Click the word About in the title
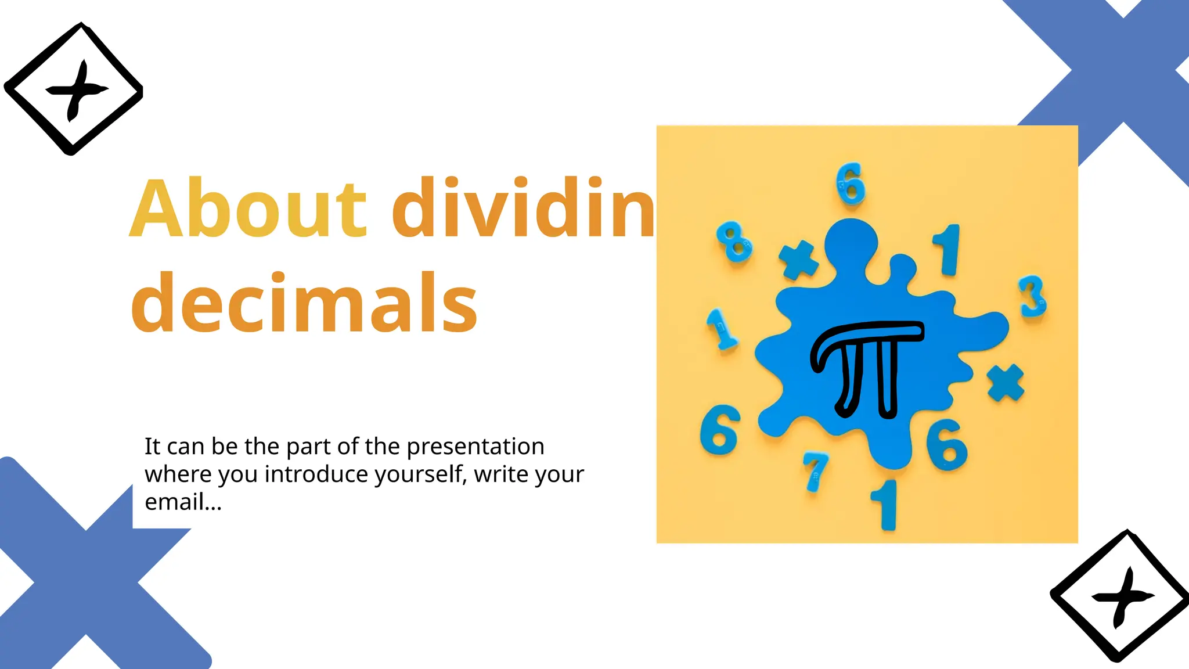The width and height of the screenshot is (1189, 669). coord(248,209)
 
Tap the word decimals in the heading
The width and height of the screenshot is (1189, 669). coord(304,304)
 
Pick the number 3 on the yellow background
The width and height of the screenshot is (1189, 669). coord(1033,297)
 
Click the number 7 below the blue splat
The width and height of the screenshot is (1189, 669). coord(815,471)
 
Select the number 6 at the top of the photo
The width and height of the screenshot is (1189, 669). coord(851,185)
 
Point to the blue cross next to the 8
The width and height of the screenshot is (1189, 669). coord(798,259)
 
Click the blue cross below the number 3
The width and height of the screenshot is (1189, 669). coord(1006,383)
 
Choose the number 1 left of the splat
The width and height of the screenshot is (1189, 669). coord(721,329)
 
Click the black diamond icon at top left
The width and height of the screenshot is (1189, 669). coord(74,89)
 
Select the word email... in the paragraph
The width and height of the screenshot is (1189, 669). coord(183,502)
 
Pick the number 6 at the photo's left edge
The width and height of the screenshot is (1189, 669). coord(720,430)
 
